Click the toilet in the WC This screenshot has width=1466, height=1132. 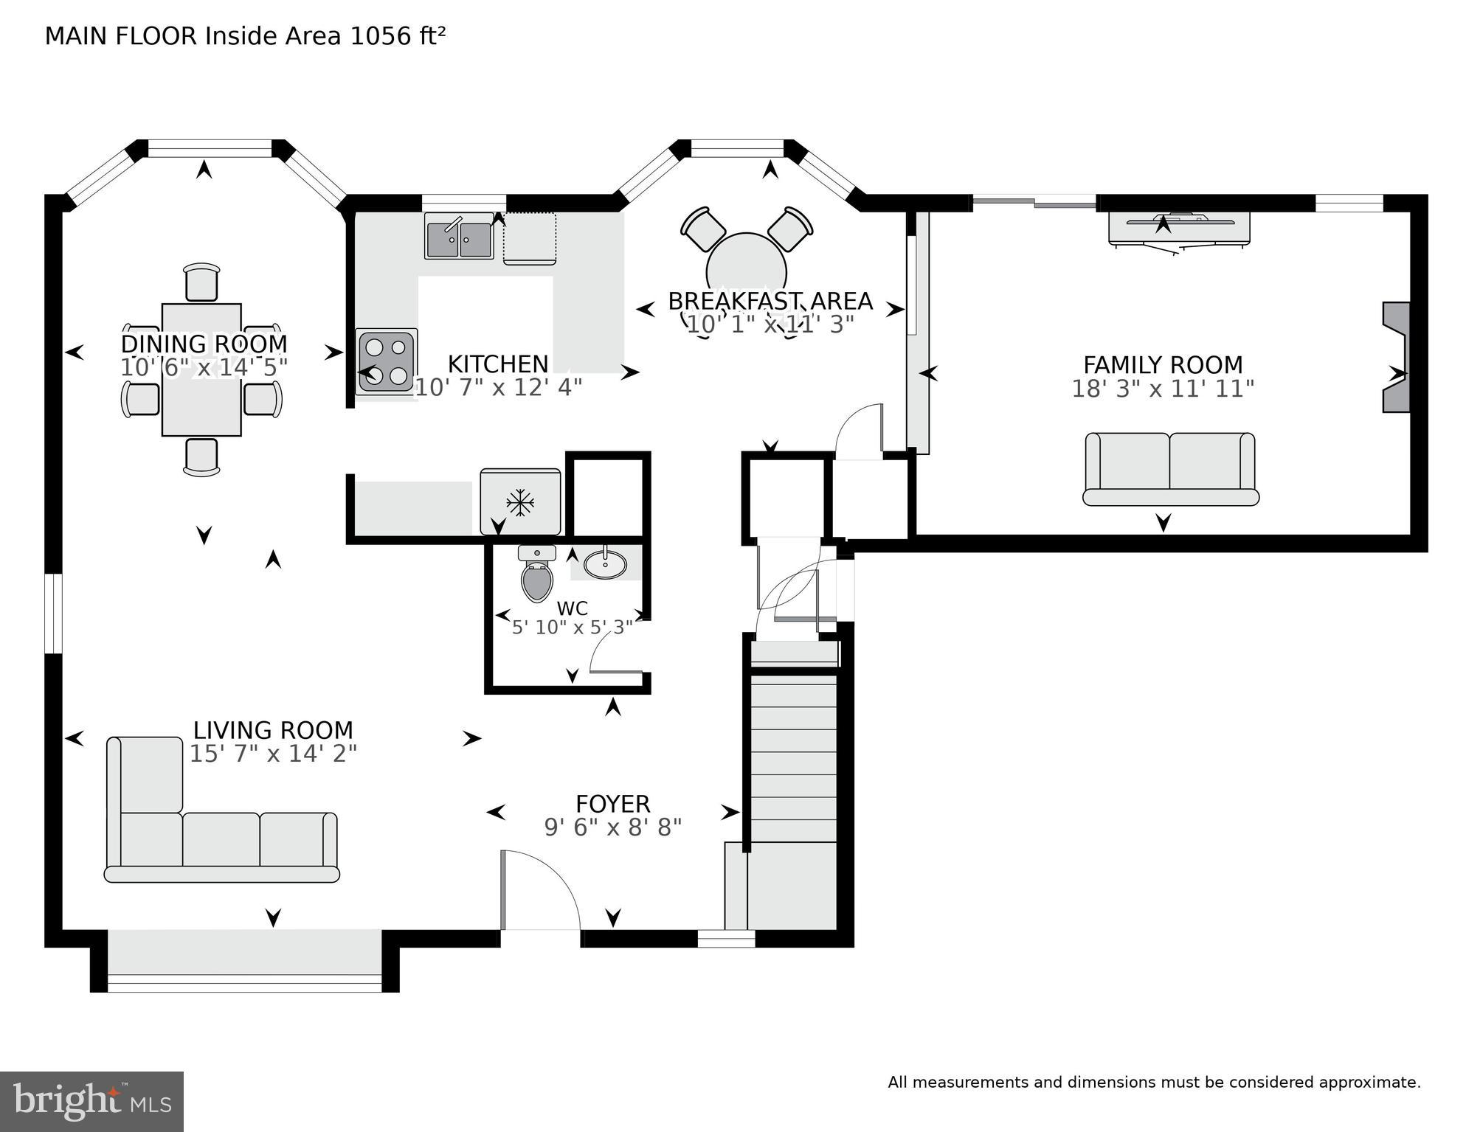(x=536, y=580)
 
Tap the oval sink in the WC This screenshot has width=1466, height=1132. (x=605, y=565)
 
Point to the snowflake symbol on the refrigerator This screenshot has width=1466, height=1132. (x=520, y=504)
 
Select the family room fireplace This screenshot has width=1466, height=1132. (x=1396, y=357)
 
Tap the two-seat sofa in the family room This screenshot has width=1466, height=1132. (x=1170, y=469)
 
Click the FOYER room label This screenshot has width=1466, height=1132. (x=612, y=803)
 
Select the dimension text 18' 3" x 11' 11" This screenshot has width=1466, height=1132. (x=1162, y=389)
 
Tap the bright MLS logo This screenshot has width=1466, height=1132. (x=91, y=1101)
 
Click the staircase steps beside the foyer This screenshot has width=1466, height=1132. (x=794, y=760)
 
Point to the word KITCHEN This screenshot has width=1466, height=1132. (x=498, y=364)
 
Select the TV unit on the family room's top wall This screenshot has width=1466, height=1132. (x=1178, y=227)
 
